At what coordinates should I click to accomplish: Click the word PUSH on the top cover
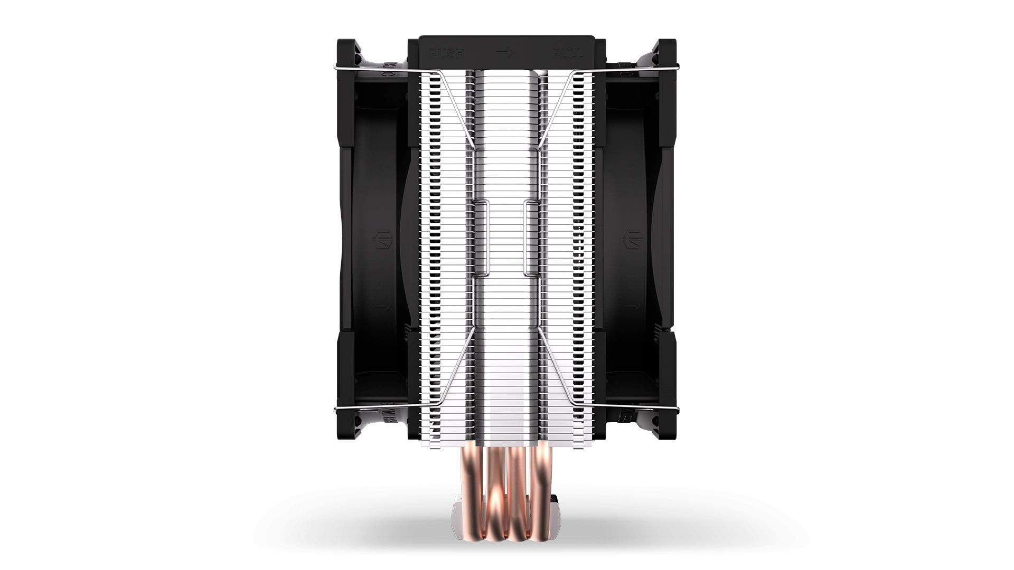(x=447, y=53)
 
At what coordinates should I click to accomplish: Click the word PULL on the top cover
(x=568, y=53)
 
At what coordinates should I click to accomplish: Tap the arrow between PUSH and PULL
(x=505, y=53)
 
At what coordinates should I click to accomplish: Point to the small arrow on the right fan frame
(x=632, y=306)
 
